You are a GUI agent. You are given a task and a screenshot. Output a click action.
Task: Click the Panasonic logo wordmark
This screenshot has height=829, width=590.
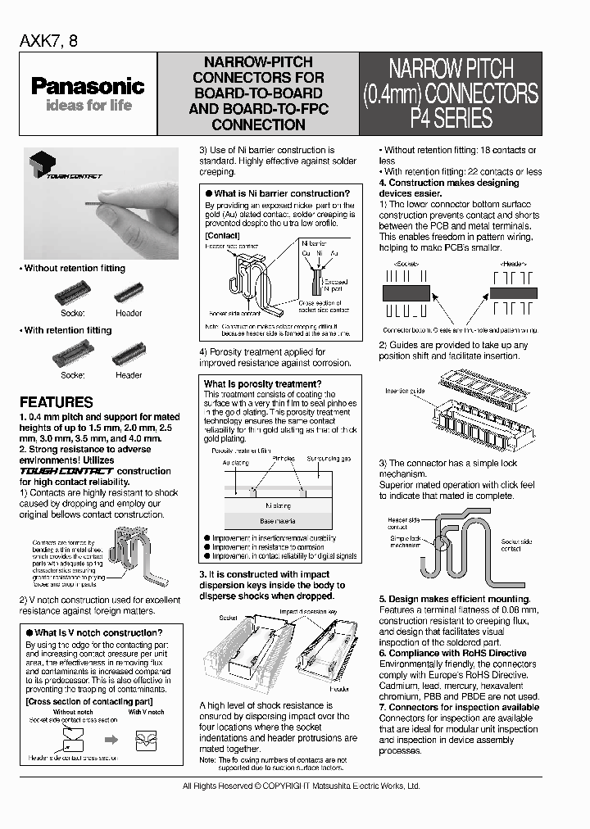[x=88, y=86]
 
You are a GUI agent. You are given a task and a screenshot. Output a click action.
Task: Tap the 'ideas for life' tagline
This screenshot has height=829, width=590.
[x=88, y=106]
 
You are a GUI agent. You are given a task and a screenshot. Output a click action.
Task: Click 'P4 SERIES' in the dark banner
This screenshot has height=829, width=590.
[x=451, y=118]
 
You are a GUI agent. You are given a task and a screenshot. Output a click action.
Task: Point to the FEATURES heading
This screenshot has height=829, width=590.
[x=56, y=402]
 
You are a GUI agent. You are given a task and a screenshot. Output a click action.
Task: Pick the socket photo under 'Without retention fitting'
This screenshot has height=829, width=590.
[x=72, y=293]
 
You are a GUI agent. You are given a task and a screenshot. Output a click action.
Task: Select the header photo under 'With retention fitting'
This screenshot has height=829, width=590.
[x=129, y=355]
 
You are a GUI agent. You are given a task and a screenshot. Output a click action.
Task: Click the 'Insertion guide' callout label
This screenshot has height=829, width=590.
[x=405, y=392]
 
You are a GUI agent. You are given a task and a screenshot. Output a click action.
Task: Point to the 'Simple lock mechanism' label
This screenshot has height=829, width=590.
[x=406, y=541]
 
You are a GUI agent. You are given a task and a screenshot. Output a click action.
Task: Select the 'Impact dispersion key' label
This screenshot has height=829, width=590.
[x=308, y=611]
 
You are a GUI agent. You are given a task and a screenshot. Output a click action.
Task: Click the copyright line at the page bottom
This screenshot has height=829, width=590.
[x=301, y=786]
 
